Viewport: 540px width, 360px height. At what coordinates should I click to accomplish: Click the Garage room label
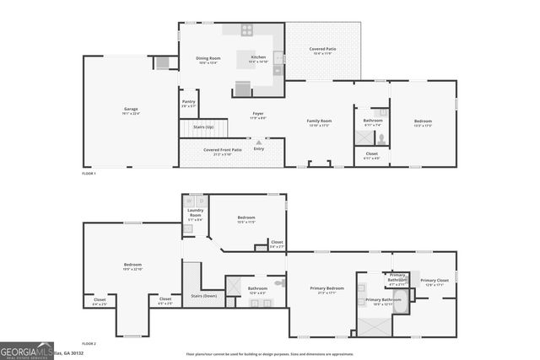[x=131, y=110]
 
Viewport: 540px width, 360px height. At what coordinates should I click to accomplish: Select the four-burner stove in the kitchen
[x=247, y=30]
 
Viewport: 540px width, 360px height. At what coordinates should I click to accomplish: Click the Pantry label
[x=189, y=104]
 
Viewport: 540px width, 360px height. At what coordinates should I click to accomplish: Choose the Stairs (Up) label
[x=204, y=126]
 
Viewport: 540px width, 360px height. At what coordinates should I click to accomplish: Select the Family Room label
[x=319, y=122]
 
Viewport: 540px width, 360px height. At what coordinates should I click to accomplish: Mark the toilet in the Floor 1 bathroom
[x=381, y=138]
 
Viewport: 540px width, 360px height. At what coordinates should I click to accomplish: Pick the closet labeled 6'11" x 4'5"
[x=371, y=156]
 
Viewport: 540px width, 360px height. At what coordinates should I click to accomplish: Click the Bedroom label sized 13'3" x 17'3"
[x=423, y=122]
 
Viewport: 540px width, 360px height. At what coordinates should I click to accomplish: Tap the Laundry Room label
[x=195, y=212]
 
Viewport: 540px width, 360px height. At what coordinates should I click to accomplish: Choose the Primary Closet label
[x=434, y=282]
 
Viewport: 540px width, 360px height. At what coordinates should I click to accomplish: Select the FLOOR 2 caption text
[x=89, y=344]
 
